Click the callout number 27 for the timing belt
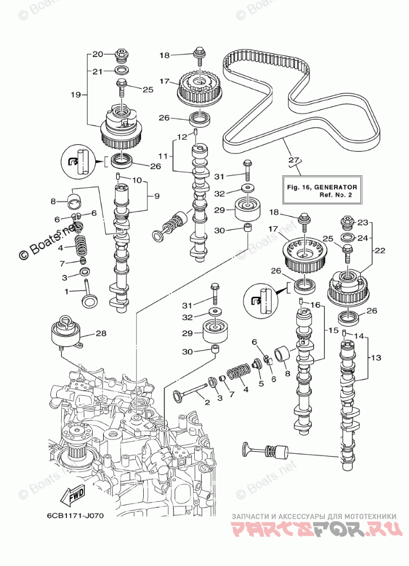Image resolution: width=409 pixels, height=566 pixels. coord(294,160)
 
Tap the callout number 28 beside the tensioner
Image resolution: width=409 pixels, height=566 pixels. coord(101,333)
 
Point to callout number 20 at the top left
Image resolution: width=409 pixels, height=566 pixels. coord(97,54)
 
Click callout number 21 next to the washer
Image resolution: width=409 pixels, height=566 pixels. coord(97,71)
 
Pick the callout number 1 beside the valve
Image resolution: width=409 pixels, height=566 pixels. coord(66,292)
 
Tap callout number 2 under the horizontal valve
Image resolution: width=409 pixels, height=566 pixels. coord(207,403)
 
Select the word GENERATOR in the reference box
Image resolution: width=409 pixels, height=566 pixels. coord(337,187)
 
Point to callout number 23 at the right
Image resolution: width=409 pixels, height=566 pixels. coord(364,222)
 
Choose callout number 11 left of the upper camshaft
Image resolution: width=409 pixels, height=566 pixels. coord(163,156)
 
